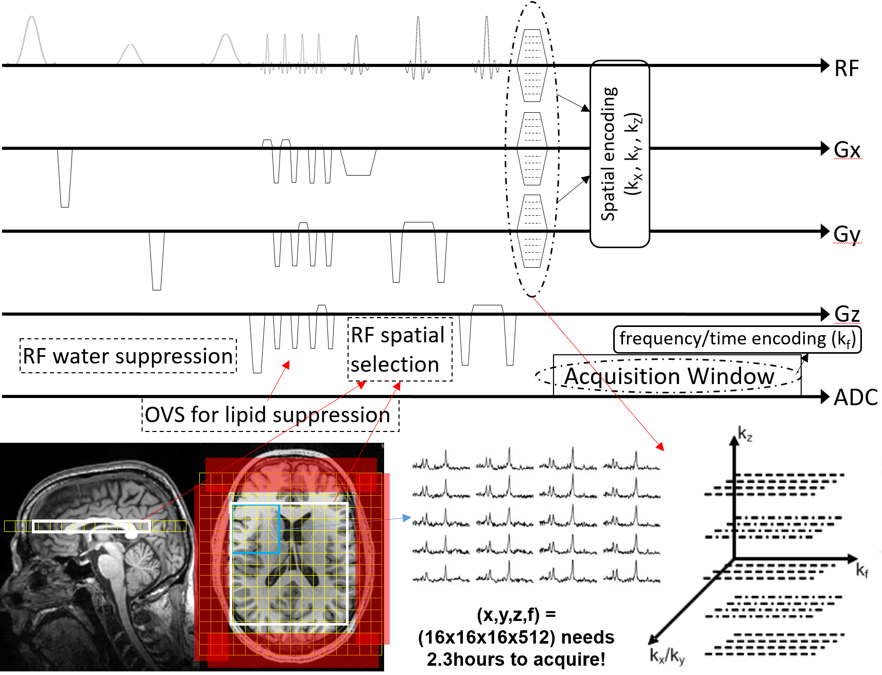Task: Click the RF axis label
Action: click(846, 68)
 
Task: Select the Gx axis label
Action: click(847, 150)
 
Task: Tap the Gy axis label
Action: click(847, 234)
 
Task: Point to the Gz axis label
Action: click(847, 314)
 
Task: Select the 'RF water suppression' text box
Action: click(128, 356)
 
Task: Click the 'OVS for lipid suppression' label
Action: click(268, 415)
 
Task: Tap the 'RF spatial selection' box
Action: click(399, 350)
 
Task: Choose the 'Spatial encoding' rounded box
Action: click(619, 154)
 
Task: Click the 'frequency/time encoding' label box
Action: click(737, 339)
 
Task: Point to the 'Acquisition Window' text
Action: click(669, 376)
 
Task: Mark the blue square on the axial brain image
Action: click(256, 529)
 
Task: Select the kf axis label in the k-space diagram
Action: click(862, 570)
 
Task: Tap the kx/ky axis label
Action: click(666, 656)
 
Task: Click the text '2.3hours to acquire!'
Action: click(516, 660)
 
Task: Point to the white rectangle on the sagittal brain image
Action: click(92, 526)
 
